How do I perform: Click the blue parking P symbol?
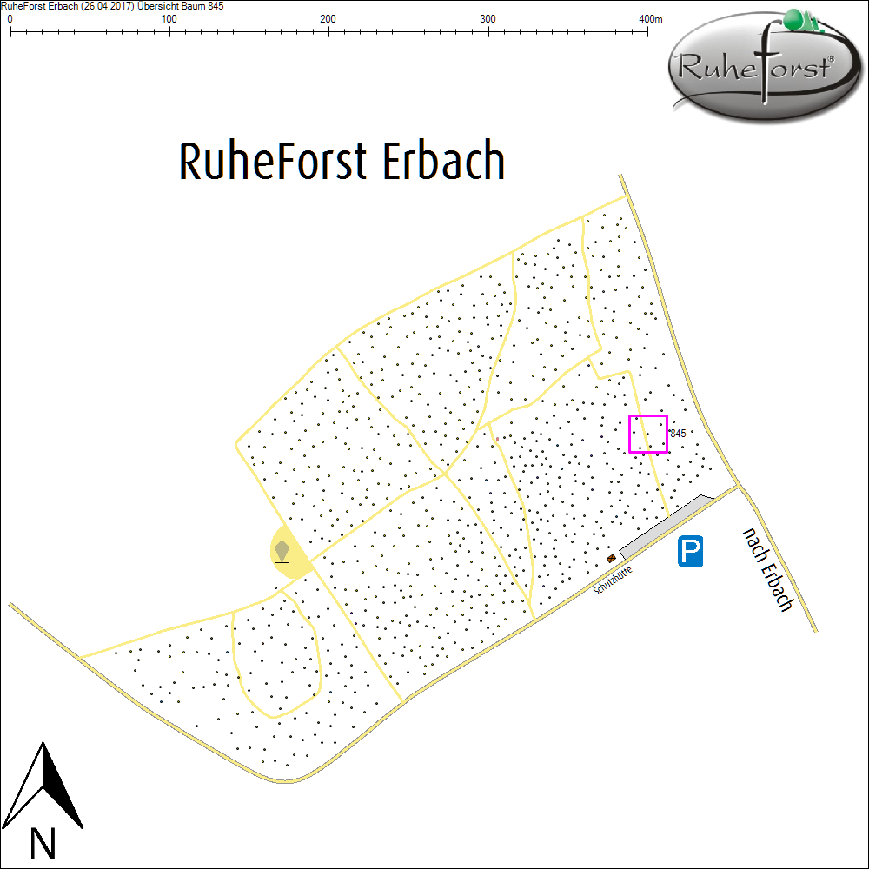click(x=691, y=551)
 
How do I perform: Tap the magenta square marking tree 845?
click(x=648, y=434)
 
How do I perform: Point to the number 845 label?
click(x=679, y=433)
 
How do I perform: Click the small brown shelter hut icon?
click(x=612, y=558)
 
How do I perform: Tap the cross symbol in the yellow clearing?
click(x=282, y=551)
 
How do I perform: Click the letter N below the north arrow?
click(x=42, y=843)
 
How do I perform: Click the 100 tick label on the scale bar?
click(x=169, y=19)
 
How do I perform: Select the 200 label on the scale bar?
click(x=328, y=19)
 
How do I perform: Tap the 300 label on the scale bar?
click(x=488, y=19)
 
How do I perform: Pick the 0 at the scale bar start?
click(x=10, y=19)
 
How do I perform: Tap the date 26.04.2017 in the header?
click(x=103, y=6)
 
